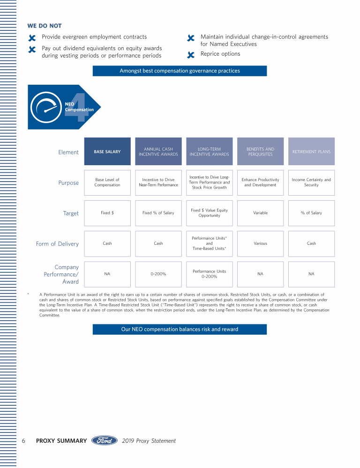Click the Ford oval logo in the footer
[x=105, y=440]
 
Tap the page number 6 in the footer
[x=23, y=440]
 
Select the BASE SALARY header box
[x=107, y=152]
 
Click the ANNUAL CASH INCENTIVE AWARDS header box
[x=158, y=152]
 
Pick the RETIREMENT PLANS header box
[x=311, y=152]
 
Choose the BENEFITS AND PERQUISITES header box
[x=260, y=152]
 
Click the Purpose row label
[x=68, y=183]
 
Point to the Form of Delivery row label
[x=57, y=244]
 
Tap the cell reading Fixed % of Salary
[x=158, y=213]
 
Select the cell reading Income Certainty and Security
[x=311, y=183]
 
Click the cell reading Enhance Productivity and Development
[x=260, y=183]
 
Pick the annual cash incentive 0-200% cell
[x=158, y=274]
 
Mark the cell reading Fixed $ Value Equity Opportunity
[x=209, y=213]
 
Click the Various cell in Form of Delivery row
[x=260, y=243]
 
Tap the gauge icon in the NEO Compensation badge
[x=46, y=107]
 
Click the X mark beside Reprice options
[x=191, y=55]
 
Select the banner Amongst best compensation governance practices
[x=180, y=71]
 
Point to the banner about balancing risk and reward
[x=180, y=329]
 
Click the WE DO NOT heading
[x=45, y=26]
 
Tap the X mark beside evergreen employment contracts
[x=32, y=37]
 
